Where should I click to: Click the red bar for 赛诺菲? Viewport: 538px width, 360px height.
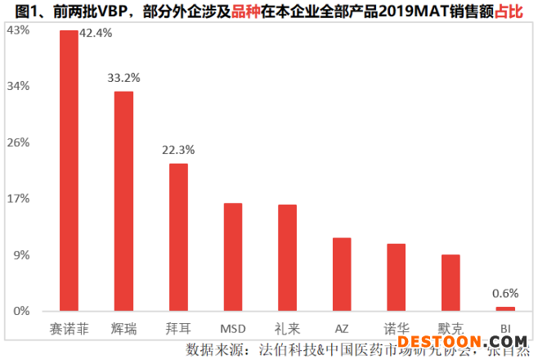[69, 171]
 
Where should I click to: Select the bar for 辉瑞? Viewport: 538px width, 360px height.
[123, 201]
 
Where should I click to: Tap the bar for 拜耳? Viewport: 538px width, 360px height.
[178, 237]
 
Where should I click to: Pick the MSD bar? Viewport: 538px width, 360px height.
[233, 257]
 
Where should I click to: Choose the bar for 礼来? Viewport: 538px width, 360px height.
[287, 258]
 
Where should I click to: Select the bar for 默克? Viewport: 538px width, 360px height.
[451, 282]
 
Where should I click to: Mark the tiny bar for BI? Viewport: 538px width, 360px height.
[505, 308]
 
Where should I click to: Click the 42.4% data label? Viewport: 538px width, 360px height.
[96, 34]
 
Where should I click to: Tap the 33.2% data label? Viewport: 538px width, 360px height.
[123, 79]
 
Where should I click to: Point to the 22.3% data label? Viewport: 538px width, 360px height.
[178, 150]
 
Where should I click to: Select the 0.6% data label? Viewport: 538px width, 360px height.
[505, 293]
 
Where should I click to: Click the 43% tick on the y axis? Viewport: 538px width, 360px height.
[18, 29]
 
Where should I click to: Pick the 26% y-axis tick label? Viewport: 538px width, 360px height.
[18, 142]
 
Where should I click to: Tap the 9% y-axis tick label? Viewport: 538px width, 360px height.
[20, 254]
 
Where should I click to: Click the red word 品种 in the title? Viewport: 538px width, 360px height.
[243, 11]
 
